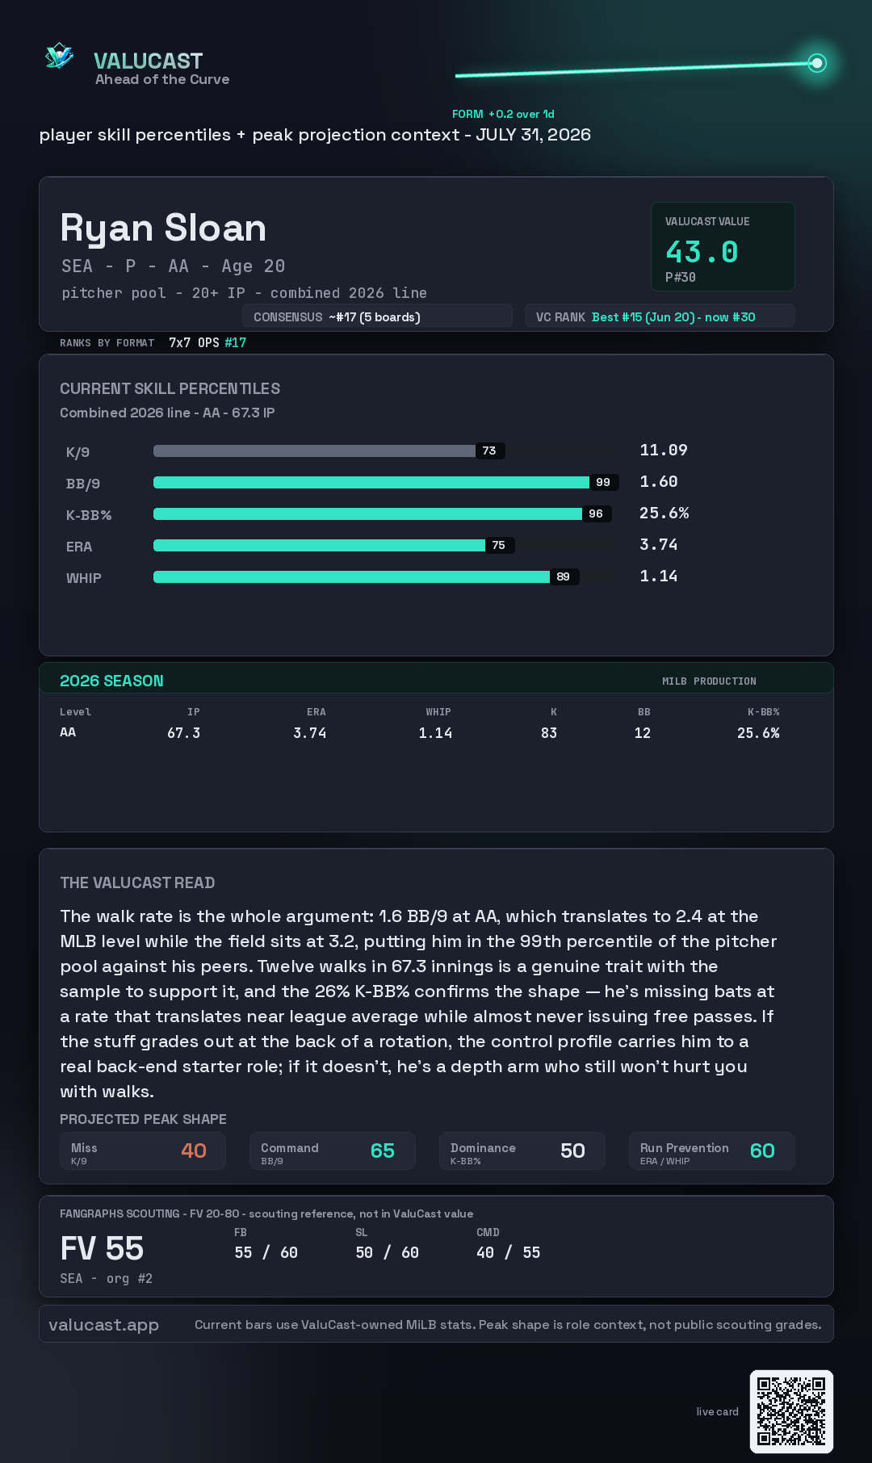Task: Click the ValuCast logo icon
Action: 60,56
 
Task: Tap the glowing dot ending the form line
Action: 817,63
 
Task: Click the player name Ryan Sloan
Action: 163,228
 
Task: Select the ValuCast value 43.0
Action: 702,252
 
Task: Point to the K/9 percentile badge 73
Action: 489,451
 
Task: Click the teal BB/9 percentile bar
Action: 371,482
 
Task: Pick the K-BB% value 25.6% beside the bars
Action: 664,513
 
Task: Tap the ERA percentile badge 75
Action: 499,545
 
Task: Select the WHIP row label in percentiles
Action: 84,578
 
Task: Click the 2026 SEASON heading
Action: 111,681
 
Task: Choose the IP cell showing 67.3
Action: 184,733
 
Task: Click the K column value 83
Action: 549,733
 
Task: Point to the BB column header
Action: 644,712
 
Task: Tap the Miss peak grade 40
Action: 194,1151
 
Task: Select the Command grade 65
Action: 383,1151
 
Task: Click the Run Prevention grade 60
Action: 762,1151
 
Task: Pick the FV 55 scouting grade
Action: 102,1248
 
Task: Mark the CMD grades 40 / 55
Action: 509,1252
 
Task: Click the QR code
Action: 791,1411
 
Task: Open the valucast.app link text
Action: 103,1325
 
